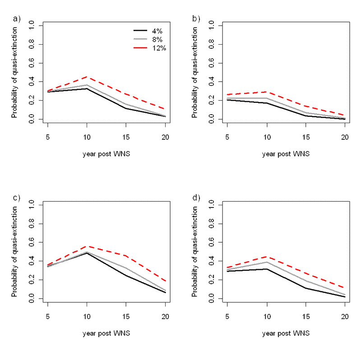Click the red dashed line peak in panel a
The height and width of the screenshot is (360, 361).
87,77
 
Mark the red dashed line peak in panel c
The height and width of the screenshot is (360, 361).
87,246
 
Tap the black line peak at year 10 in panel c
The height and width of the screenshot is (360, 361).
87,253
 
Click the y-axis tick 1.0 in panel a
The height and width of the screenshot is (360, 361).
31,26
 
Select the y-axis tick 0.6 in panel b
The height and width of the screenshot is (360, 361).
210,63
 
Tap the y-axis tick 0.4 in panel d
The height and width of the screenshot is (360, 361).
210,261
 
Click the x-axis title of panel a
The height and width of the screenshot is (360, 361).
106,154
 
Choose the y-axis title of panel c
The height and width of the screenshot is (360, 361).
15,252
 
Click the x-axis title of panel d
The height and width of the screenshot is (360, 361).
286,333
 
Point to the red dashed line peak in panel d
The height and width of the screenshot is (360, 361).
267,256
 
